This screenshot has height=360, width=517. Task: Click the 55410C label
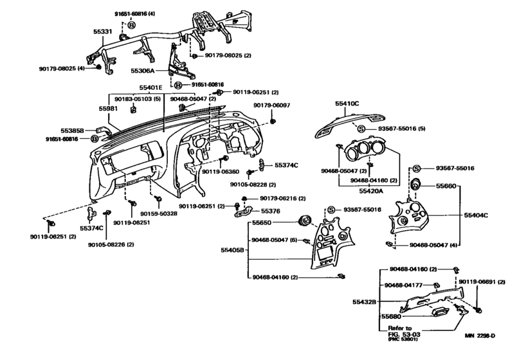point(348,102)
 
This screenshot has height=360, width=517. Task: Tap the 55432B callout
point(364,301)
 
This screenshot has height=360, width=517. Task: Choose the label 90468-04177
point(406,285)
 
